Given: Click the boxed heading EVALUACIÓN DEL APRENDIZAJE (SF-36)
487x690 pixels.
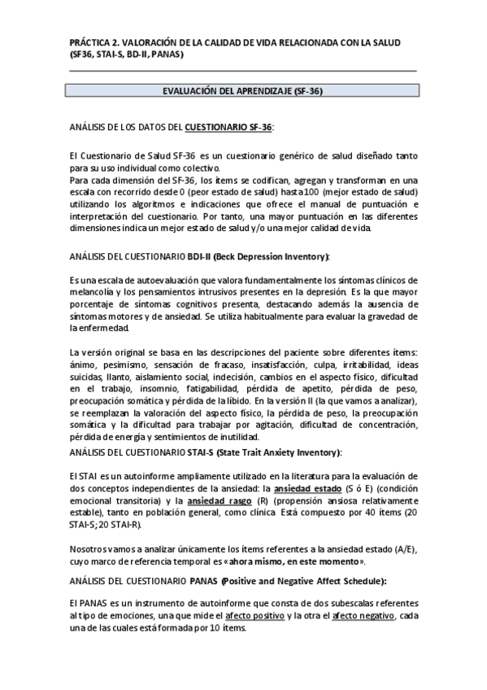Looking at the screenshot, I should (243, 91).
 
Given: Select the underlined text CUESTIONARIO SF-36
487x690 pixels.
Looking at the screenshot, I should (229, 127).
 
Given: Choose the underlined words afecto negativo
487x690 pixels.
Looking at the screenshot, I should (362, 616).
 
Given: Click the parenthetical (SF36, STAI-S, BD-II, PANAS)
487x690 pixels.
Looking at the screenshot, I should (127, 55).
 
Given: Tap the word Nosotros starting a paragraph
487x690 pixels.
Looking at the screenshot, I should (90, 549).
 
